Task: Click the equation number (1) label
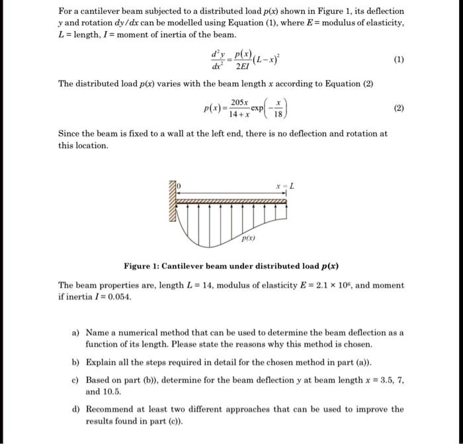point(399,58)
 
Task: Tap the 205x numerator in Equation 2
point(241,103)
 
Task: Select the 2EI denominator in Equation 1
point(239,65)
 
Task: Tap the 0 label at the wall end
point(178,186)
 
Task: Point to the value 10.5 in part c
point(112,392)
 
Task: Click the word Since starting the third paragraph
point(70,133)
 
